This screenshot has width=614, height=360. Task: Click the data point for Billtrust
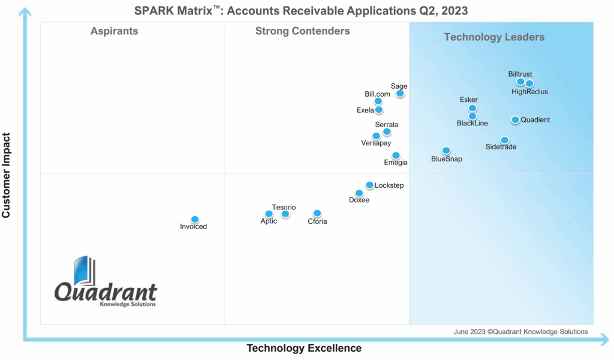520,82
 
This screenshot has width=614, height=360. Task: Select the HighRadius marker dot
529,83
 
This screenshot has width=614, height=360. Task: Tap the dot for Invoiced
195,220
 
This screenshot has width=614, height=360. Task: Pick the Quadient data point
515,120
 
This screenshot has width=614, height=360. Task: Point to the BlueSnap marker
446,151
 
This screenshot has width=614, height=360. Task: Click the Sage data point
400,94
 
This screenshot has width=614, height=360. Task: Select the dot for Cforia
317,214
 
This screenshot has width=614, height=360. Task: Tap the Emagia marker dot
396,155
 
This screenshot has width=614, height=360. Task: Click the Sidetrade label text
501,147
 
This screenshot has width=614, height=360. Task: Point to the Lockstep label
389,185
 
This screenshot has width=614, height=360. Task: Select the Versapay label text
376,143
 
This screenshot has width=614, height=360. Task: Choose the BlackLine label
472,124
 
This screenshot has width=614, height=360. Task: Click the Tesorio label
284,207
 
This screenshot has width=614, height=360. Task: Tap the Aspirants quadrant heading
114,31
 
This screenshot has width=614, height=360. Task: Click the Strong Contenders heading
302,31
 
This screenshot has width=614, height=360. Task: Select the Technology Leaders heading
494,37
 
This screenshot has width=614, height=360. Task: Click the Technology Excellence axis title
304,348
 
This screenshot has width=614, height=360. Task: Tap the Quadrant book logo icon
84,272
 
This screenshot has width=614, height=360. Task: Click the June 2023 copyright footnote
520,332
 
